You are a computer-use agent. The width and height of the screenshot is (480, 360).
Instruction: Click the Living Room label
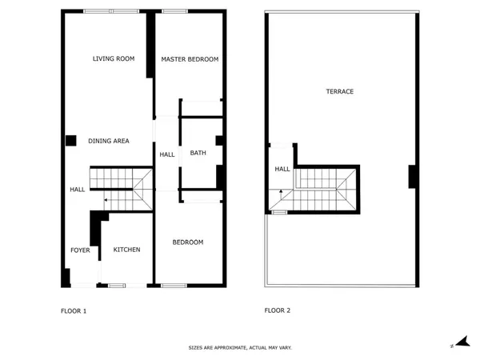(x=113, y=59)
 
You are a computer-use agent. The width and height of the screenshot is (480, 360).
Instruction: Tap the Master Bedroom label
(x=190, y=59)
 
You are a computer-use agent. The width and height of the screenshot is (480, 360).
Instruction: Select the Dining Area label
(x=109, y=141)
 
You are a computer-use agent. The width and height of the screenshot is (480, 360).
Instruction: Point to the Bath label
(x=198, y=153)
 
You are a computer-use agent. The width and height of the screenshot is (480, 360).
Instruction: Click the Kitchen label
(x=126, y=250)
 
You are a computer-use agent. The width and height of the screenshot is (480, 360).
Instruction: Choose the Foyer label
(x=80, y=250)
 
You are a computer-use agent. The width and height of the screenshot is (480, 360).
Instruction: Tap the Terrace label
(x=339, y=91)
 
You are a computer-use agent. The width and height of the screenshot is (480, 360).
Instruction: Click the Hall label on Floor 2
(x=282, y=169)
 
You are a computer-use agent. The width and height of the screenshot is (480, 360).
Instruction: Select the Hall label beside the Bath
(x=167, y=154)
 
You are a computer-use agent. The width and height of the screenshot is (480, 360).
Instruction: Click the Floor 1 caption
(x=74, y=310)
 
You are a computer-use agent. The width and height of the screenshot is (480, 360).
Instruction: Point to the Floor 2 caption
(x=278, y=310)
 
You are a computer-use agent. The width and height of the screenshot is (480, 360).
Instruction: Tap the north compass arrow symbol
(x=457, y=342)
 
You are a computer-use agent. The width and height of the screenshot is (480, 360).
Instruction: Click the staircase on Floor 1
(x=120, y=190)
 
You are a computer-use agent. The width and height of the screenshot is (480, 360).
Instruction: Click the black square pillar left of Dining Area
(x=70, y=140)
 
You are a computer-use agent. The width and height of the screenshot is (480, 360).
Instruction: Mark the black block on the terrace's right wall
(x=412, y=176)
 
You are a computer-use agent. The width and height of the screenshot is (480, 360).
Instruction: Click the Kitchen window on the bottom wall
(x=117, y=285)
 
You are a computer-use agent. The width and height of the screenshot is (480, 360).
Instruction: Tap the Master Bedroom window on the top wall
(x=174, y=11)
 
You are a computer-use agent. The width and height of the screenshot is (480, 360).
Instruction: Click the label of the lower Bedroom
(x=188, y=242)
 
